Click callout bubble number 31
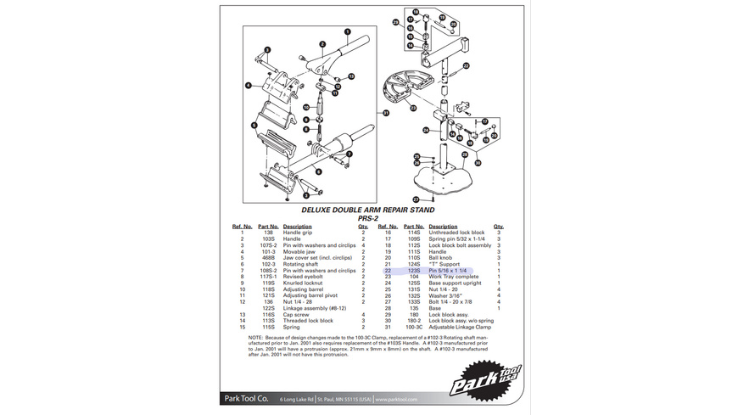(385, 112)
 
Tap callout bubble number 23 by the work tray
(413, 108)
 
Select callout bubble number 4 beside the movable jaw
(249, 85)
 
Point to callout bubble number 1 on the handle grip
(347, 31)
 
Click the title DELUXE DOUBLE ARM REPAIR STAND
(368, 210)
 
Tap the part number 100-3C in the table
(414, 327)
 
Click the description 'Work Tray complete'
(454, 277)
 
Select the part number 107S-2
(268, 245)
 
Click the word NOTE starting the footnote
(256, 337)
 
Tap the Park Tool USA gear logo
(486, 380)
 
